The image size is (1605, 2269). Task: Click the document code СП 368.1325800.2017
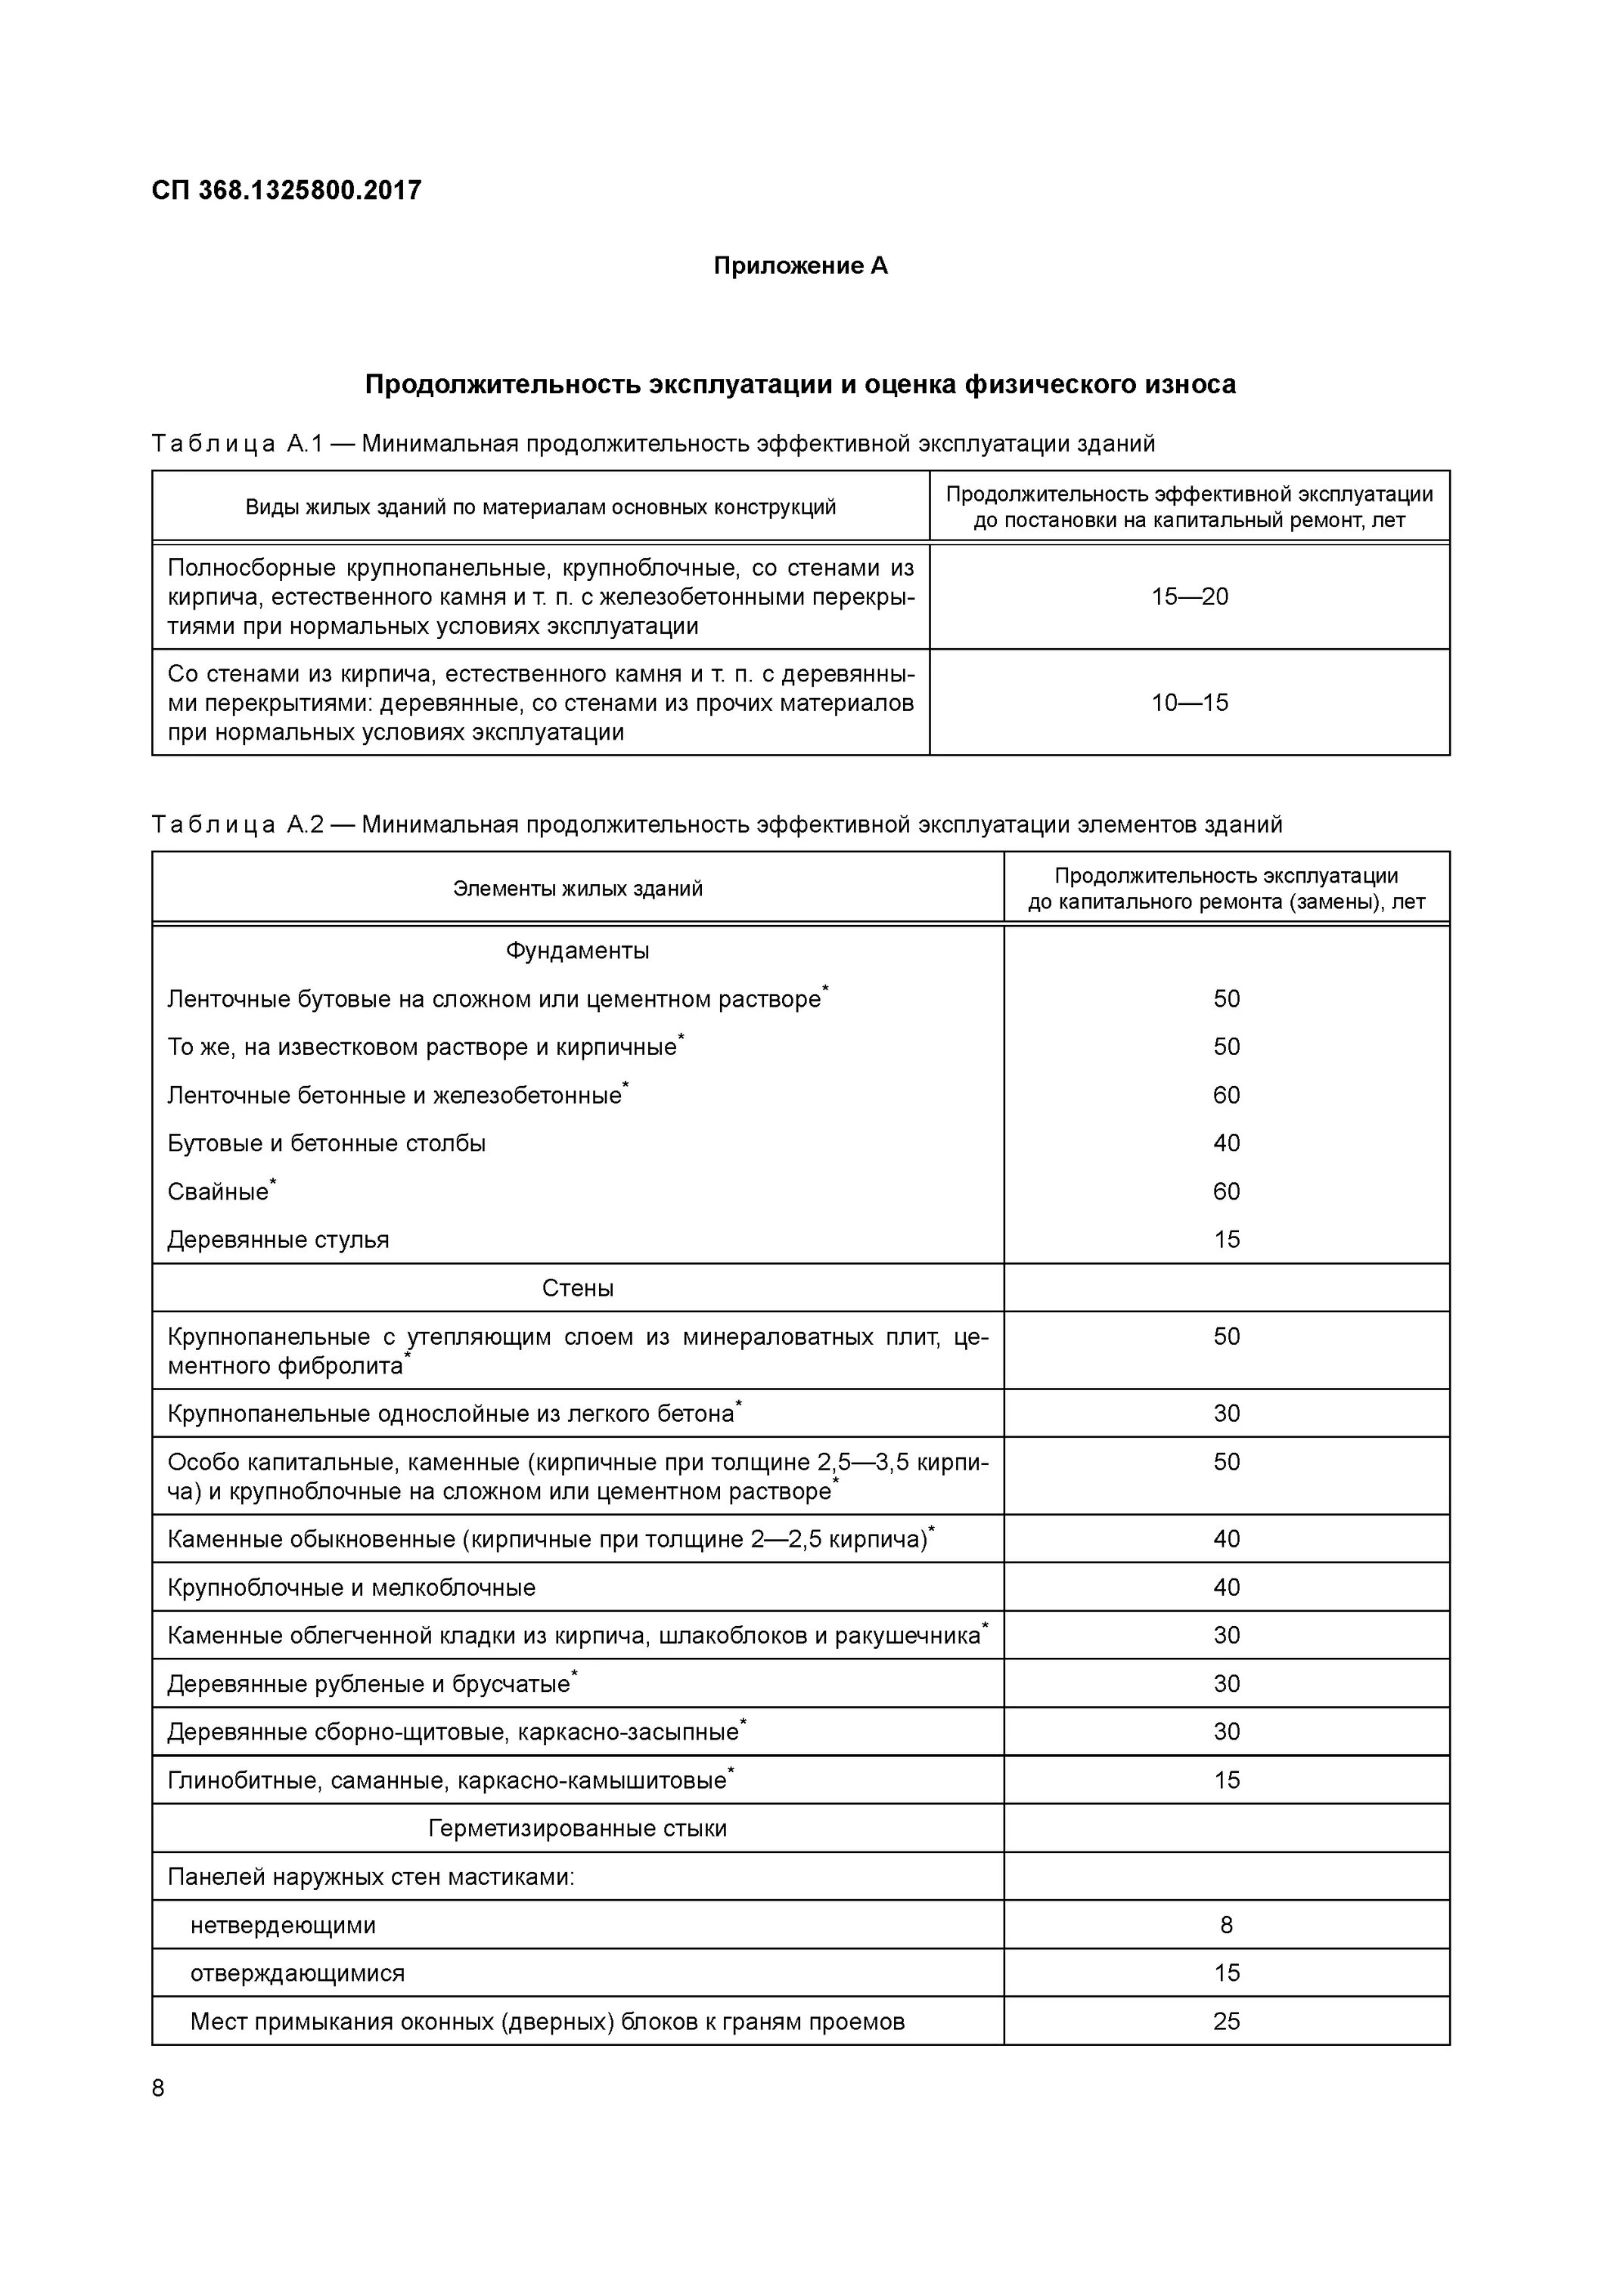point(287,190)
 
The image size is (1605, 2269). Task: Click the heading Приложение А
point(800,265)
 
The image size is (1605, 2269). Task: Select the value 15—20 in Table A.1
point(1189,597)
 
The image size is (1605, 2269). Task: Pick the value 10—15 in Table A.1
point(1189,703)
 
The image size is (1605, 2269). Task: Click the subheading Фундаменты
point(577,951)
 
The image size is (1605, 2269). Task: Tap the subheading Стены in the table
point(577,1288)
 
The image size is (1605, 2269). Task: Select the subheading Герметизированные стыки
point(577,1828)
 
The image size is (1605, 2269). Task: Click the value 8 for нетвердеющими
point(1227,1924)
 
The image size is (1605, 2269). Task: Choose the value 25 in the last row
point(1227,2021)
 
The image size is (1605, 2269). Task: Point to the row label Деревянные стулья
point(278,1240)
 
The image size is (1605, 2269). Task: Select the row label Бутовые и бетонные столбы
point(326,1144)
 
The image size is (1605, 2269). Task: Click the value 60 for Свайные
point(1227,1192)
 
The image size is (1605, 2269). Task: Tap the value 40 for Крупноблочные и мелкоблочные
point(1227,1587)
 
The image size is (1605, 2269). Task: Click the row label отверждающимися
point(297,1973)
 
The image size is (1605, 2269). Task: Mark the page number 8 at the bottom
point(158,2088)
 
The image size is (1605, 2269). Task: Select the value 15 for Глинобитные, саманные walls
point(1227,1780)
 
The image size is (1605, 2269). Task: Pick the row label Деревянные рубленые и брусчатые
point(368,1684)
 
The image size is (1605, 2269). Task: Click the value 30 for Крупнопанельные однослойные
point(1227,1413)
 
